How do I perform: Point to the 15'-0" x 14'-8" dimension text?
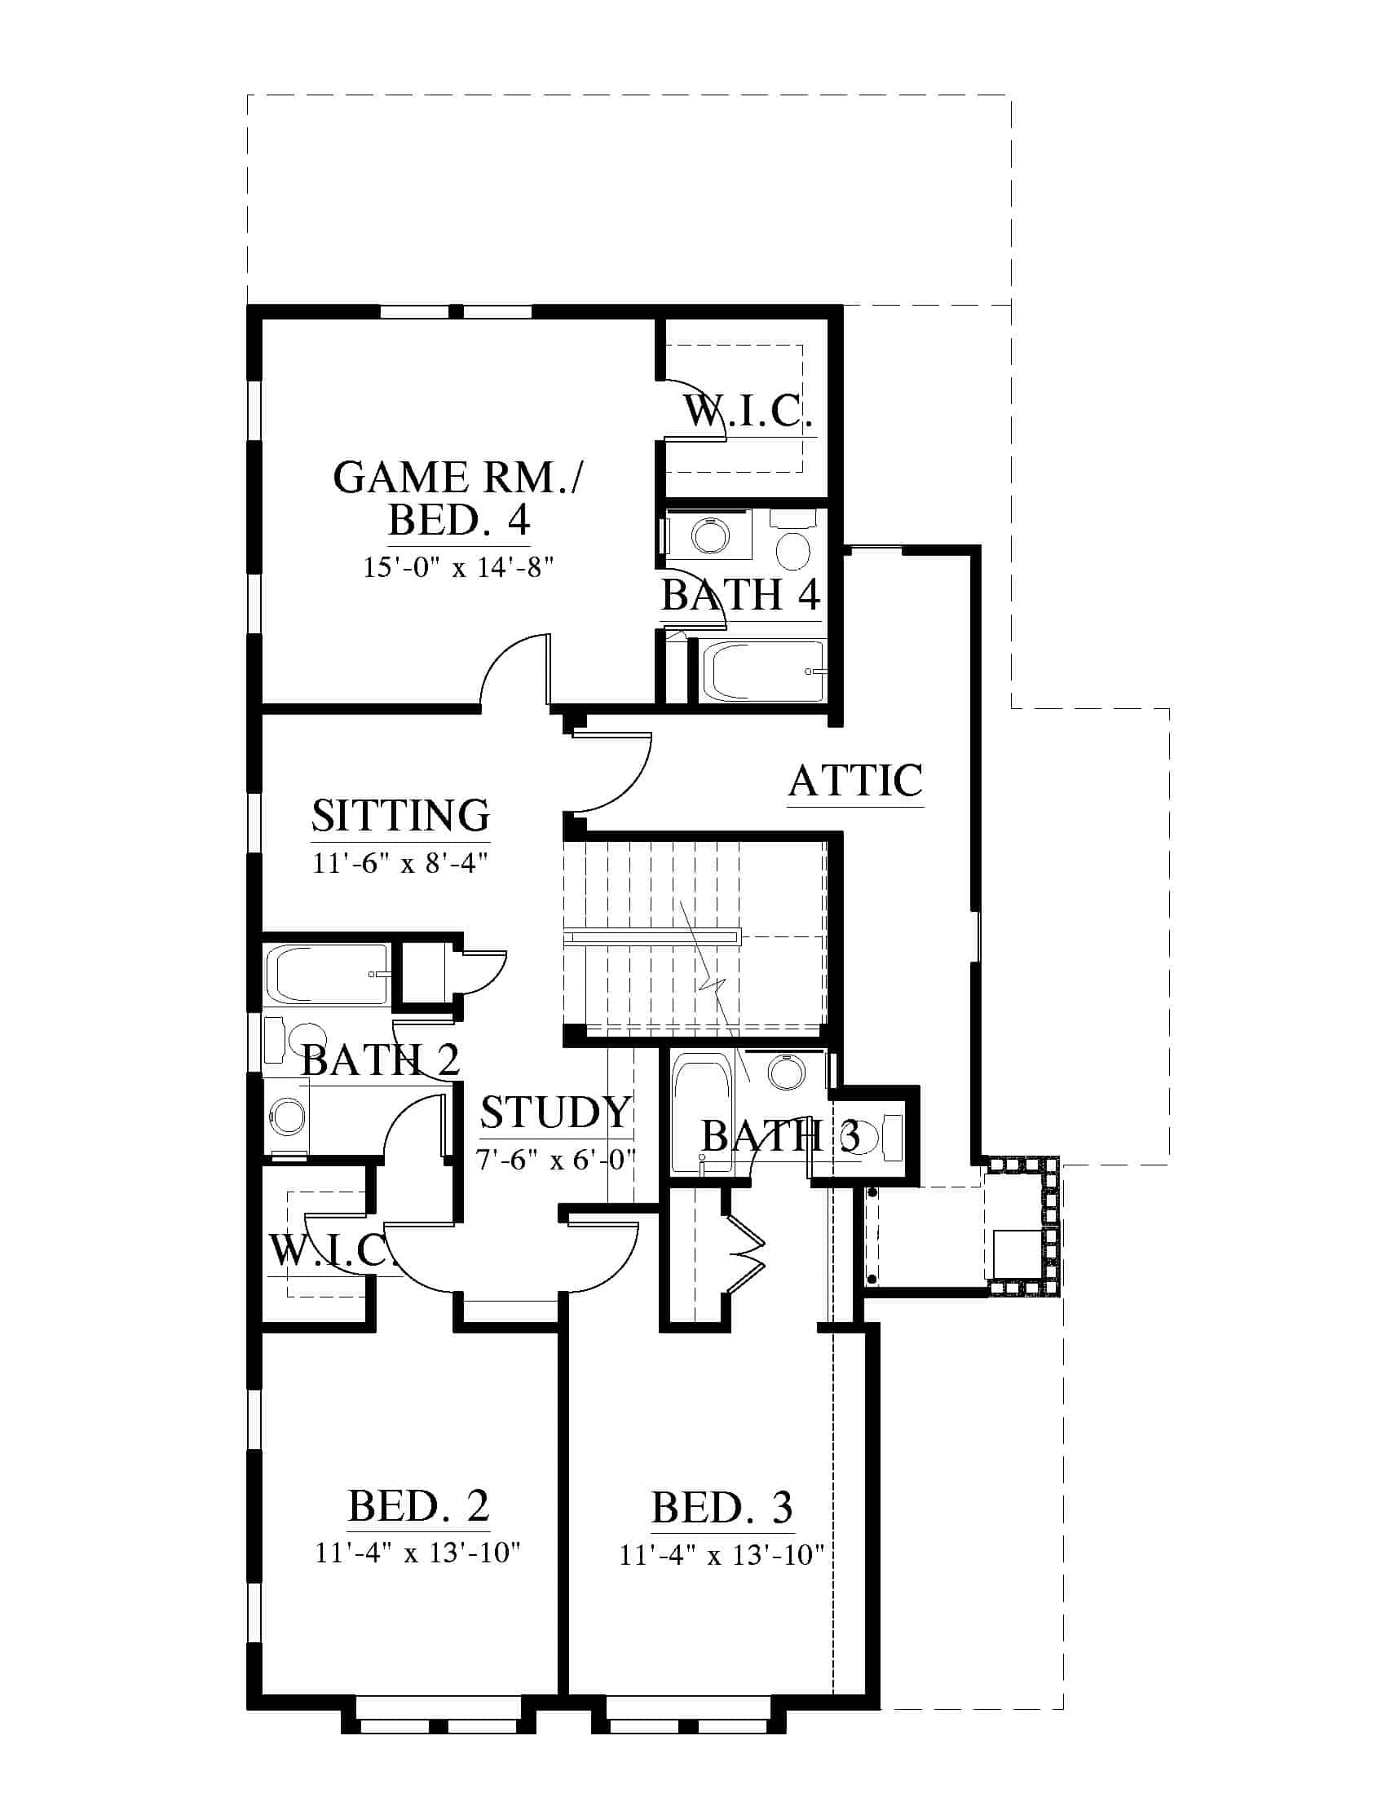[x=459, y=567]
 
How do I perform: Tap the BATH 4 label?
[x=740, y=595]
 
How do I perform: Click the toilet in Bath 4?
[x=793, y=542]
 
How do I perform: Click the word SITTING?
[x=400, y=815]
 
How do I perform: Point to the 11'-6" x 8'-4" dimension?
[x=400, y=863]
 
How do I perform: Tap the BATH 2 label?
[x=380, y=1059]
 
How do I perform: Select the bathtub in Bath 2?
[x=326, y=975]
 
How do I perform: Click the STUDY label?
[x=556, y=1113]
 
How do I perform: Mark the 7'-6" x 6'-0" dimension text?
[x=556, y=1160]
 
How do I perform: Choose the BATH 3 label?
[x=780, y=1136]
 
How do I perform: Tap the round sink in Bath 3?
[x=788, y=1071]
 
